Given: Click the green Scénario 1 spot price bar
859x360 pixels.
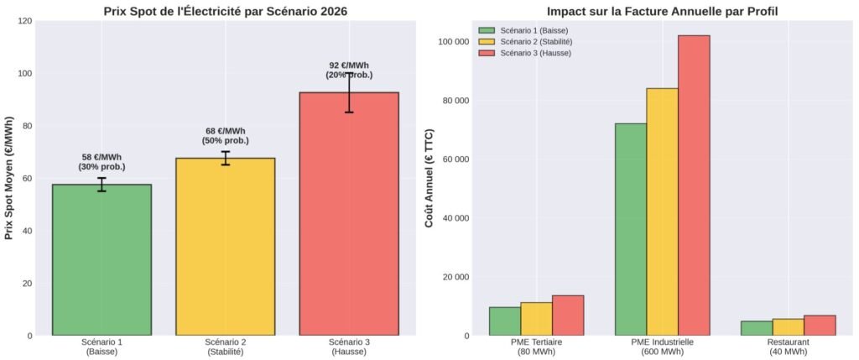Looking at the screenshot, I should click(102, 260).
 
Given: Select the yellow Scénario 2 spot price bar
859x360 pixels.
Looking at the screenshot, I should click(226, 247).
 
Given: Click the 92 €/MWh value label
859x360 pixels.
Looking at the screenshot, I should click(349, 70).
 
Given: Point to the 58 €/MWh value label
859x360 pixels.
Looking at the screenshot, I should click(102, 162).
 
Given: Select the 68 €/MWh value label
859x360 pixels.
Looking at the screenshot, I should click(226, 136).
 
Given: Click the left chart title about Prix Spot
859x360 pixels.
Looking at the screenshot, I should click(225, 12).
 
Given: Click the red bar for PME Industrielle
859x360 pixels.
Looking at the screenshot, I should click(694, 185).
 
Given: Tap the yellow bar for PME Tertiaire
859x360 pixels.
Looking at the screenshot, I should click(536, 319).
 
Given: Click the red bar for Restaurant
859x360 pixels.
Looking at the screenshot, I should click(820, 326).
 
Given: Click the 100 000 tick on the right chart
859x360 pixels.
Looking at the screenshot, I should click(452, 42).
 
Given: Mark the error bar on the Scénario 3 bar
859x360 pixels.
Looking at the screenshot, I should click(349, 92).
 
